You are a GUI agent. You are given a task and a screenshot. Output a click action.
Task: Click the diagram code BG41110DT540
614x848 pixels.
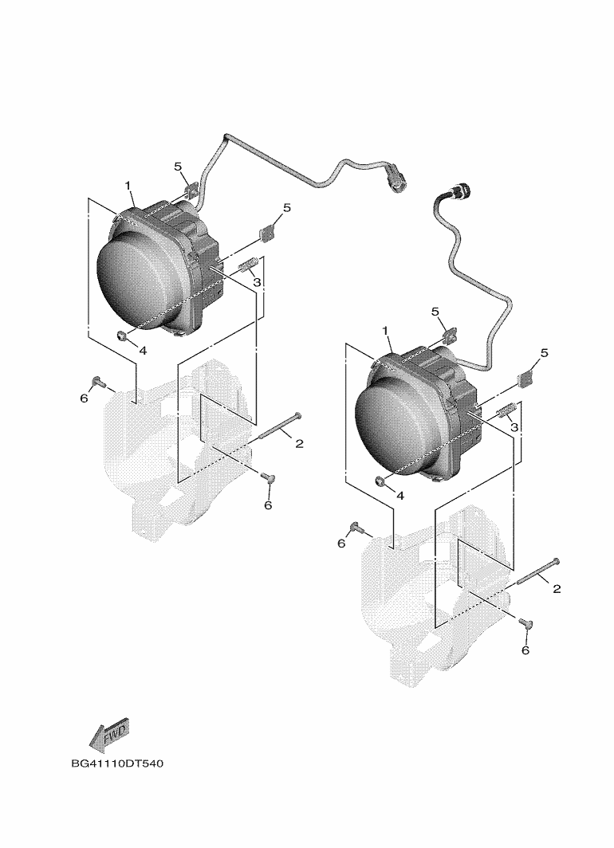click(117, 764)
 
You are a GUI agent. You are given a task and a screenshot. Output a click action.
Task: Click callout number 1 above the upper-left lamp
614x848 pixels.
click(128, 186)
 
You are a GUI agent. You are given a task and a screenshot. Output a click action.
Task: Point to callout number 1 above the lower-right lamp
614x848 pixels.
click(385, 331)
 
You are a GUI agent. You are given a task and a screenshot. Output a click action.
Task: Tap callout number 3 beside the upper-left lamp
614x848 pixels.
click(257, 282)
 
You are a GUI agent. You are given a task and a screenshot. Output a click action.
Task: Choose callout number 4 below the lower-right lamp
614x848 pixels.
click(401, 495)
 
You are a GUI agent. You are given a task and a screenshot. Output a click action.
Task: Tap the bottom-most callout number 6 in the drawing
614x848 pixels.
click(525, 650)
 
